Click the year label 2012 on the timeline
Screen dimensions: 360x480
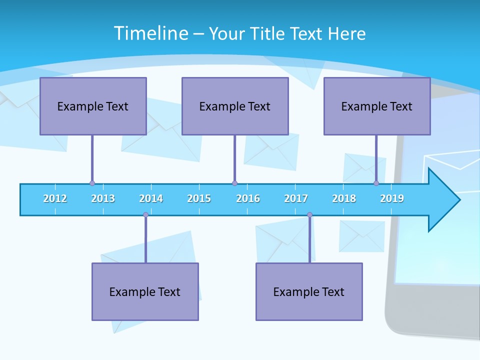tap(55, 198)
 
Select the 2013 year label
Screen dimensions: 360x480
tap(103, 198)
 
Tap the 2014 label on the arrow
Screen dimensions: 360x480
tap(151, 198)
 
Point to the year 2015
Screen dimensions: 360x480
tap(199, 198)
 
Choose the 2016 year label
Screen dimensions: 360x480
tap(248, 198)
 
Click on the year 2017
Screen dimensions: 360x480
tap(296, 198)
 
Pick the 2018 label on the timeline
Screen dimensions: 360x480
tap(344, 198)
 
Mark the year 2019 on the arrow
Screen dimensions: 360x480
tap(392, 198)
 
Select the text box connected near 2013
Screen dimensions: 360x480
tap(93, 106)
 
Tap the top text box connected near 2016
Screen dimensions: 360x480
tap(235, 106)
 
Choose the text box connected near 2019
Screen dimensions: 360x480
tap(377, 106)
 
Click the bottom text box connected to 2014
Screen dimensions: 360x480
tap(145, 292)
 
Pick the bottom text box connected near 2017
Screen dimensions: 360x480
tap(309, 292)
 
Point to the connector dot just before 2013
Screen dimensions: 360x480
tap(92, 183)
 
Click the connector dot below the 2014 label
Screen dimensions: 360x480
tap(145, 215)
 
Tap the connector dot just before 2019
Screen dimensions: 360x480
tap(376, 183)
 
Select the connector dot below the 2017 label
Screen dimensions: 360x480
tap(309, 215)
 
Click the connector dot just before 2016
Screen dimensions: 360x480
tap(234, 183)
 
